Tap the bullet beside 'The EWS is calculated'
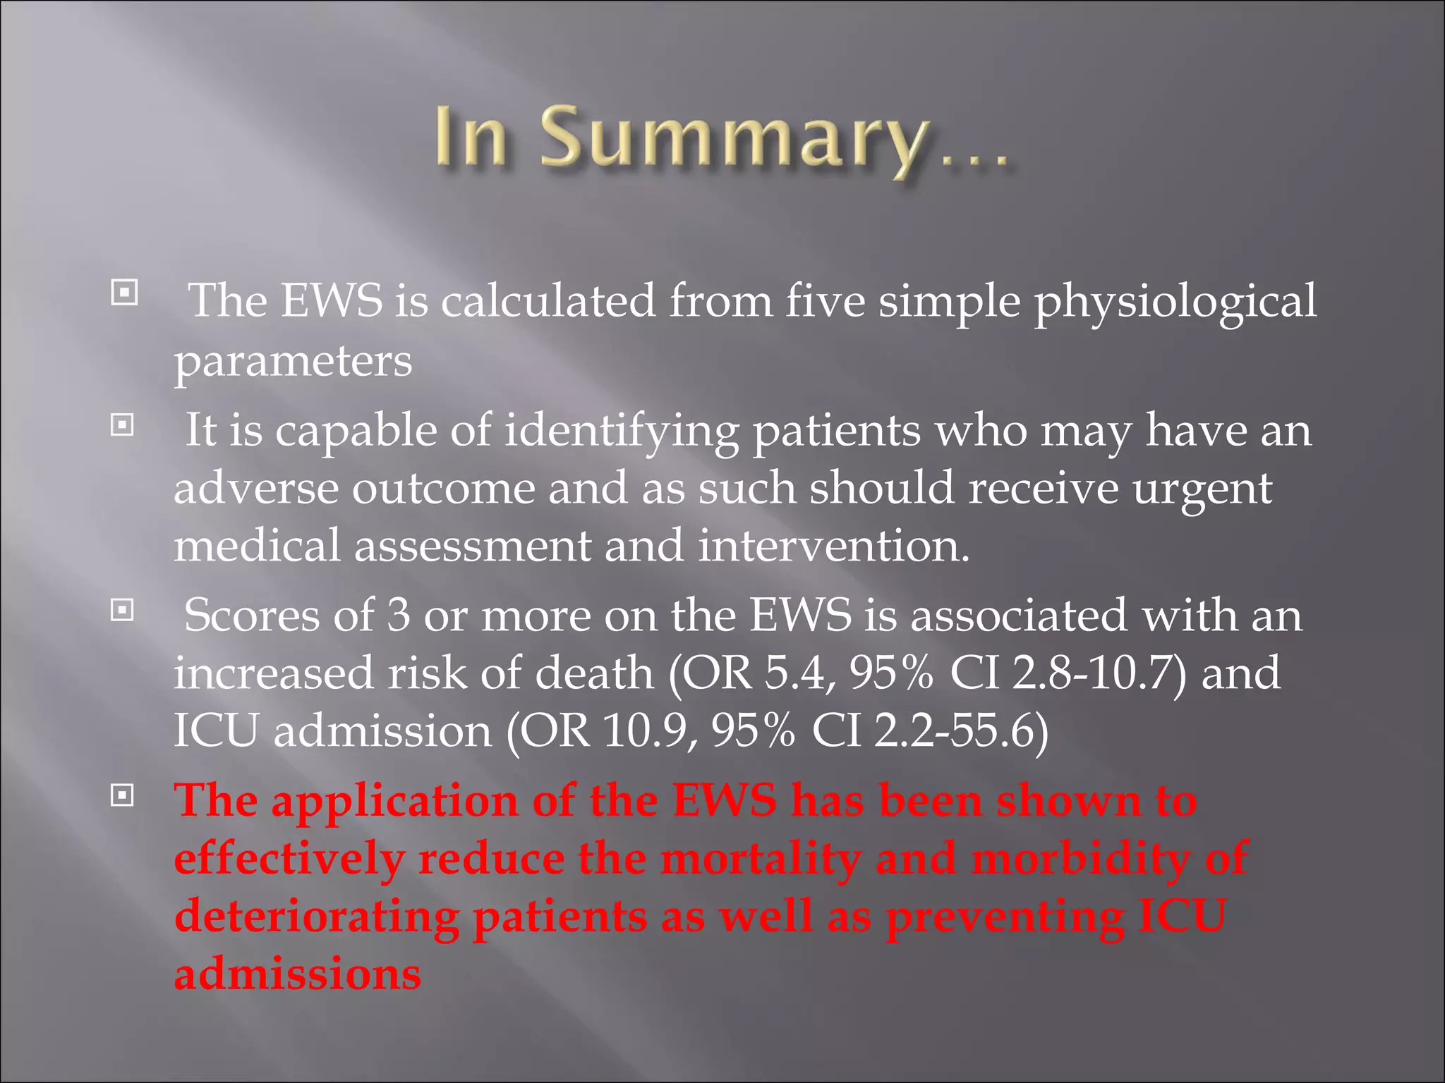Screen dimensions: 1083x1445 click(124, 292)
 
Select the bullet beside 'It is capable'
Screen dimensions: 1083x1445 click(123, 424)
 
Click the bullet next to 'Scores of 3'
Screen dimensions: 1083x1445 click(123, 610)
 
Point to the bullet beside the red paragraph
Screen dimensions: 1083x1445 click(123, 796)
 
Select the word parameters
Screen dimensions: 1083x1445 click(293, 362)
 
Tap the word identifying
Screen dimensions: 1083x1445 click(622, 432)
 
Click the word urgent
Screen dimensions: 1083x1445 click(1202, 489)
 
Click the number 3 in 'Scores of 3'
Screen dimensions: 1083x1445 click(398, 615)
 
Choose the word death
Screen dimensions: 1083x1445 click(594, 673)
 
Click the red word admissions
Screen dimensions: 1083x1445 click(298, 974)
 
